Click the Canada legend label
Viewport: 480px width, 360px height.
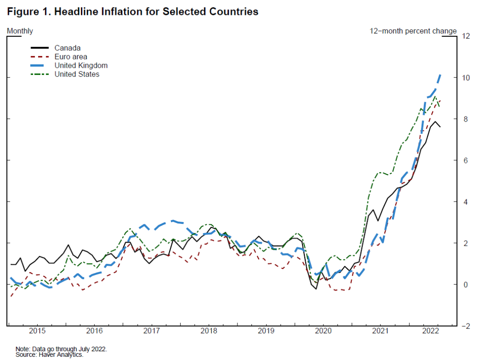click(x=67, y=48)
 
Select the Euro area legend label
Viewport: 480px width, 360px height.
click(x=71, y=57)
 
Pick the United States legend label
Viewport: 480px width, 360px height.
click(x=77, y=74)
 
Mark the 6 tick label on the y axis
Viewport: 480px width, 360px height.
click(x=463, y=160)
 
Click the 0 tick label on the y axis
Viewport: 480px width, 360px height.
click(x=463, y=284)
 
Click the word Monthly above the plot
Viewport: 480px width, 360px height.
click(x=20, y=31)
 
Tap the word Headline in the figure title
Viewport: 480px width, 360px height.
click(x=73, y=12)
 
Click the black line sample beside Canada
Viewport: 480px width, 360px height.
click(x=39, y=48)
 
